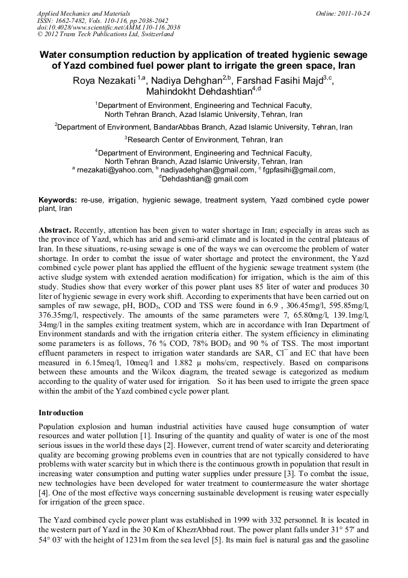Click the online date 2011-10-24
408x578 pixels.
(351, 13)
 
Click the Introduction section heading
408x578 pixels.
(61, 413)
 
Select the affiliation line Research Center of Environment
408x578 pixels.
(203, 139)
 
